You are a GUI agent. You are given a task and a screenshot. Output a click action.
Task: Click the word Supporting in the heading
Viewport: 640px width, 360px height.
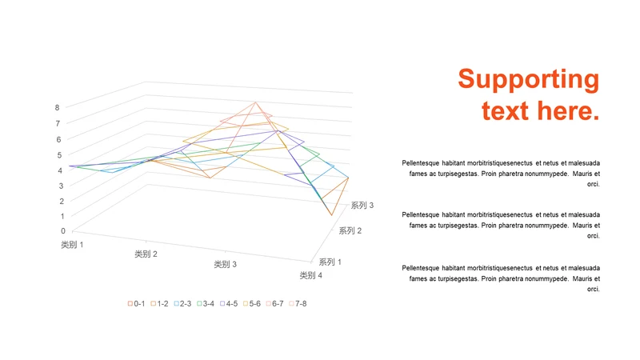click(x=528, y=80)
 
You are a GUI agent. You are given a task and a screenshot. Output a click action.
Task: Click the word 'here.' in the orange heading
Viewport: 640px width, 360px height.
click(x=569, y=110)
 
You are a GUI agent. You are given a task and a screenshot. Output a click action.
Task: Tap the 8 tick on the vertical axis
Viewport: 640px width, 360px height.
click(x=58, y=107)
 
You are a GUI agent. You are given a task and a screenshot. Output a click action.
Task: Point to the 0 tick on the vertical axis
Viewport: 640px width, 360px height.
click(x=63, y=231)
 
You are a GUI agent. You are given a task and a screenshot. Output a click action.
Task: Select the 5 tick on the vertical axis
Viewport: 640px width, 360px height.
click(x=58, y=154)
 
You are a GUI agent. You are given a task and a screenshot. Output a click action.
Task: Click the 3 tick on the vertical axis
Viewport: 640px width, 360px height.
click(x=60, y=185)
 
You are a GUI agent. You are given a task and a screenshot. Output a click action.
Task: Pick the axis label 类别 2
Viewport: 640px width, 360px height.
click(x=146, y=254)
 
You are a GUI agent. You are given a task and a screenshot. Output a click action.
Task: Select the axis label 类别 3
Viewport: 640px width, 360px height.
click(x=225, y=265)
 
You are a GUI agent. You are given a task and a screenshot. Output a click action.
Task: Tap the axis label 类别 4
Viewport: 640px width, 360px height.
click(x=311, y=276)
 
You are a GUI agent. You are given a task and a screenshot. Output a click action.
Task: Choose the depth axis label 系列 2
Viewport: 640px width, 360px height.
click(x=350, y=231)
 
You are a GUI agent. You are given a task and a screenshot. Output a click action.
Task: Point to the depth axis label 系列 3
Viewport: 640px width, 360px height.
click(x=362, y=206)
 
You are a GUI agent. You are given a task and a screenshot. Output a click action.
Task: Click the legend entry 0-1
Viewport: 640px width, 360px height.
click(x=136, y=303)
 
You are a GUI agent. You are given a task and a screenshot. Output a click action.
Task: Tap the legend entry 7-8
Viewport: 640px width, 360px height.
click(x=298, y=303)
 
